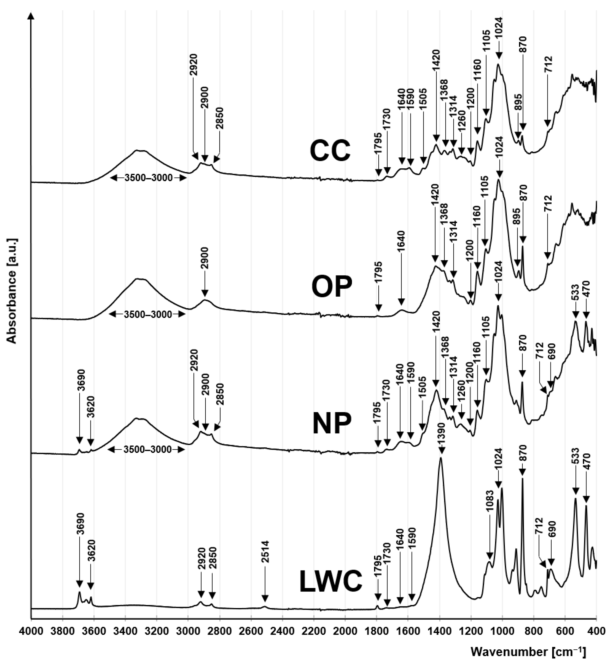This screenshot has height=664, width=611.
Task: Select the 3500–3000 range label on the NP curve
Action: (148, 450)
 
